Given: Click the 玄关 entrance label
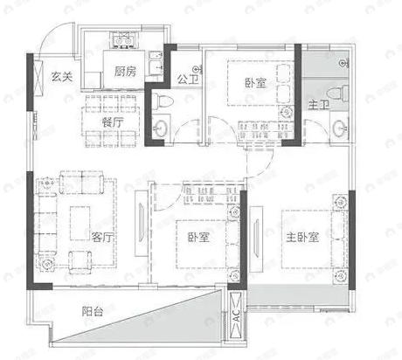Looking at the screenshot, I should tap(60, 75).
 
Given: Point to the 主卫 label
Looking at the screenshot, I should tap(318, 106).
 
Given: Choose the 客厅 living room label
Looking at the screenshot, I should tap(104, 237).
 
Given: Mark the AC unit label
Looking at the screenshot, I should tap(236, 320).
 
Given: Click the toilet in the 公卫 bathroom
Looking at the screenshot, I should tap(162, 104).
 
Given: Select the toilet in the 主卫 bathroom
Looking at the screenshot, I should tap(333, 93).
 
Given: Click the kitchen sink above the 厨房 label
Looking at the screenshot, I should tap(121, 39).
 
